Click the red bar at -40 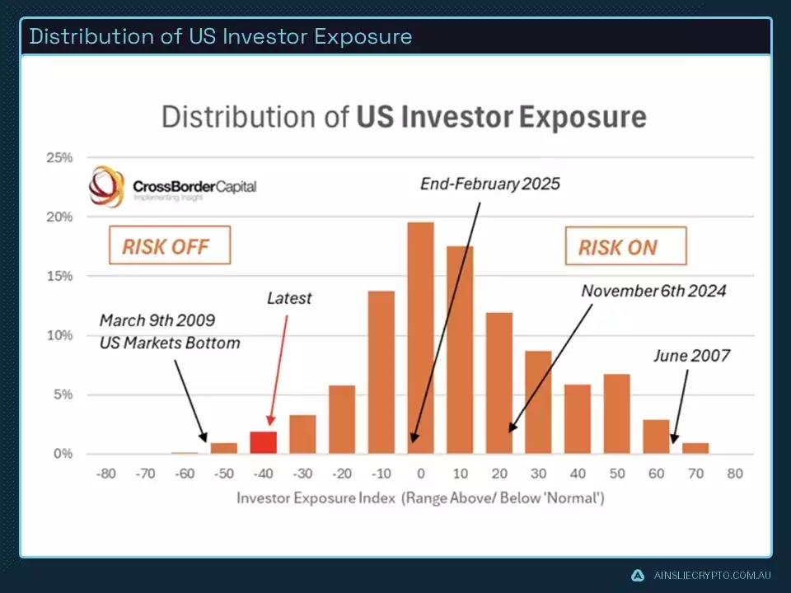263,442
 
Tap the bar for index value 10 460,350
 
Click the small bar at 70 695,449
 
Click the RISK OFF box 166,246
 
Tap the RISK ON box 618,247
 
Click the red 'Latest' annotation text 288,298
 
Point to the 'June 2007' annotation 690,357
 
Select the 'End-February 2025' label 489,184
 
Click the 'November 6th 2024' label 653,291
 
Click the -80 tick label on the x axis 105,474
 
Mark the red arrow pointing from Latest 278,362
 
